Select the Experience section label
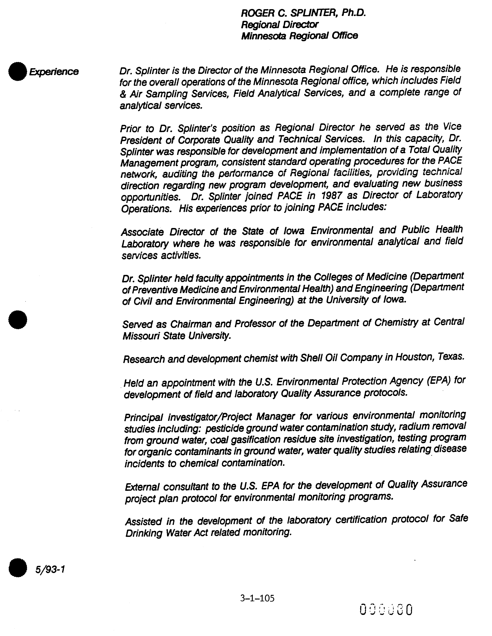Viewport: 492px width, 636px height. point(53,72)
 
